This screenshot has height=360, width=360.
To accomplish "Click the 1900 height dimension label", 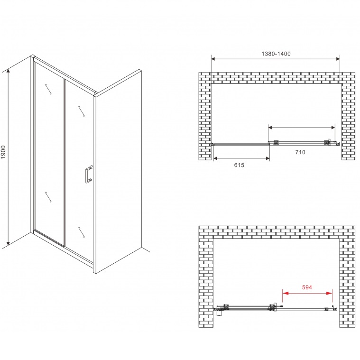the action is [3, 152].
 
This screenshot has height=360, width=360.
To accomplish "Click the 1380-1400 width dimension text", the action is [276, 54].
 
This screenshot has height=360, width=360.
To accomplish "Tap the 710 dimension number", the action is [300, 152].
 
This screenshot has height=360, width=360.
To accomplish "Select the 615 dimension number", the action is [239, 165].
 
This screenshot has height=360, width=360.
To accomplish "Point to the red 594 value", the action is [307, 287].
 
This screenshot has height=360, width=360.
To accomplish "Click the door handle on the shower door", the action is [89, 174].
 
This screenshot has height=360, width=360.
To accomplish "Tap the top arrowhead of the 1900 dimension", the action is [9, 71].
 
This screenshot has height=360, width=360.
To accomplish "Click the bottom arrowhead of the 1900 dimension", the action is [9, 243].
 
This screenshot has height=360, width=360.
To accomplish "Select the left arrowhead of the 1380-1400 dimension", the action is [213, 59].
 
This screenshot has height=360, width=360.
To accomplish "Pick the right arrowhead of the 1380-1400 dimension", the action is [338, 59].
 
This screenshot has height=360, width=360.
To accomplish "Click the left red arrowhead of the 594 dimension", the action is [285, 293].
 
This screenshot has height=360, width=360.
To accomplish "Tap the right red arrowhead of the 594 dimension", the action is [330, 293].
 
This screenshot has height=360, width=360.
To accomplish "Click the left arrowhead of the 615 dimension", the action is [216, 158].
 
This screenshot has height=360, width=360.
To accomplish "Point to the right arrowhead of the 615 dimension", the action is [267, 158].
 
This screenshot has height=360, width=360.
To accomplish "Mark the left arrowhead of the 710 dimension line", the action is [271, 128].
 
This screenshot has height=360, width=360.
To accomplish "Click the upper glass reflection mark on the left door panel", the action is [48, 89].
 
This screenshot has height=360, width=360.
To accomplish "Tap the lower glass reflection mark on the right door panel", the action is [82, 232].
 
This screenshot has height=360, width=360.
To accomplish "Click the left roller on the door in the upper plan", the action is [276, 143].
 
